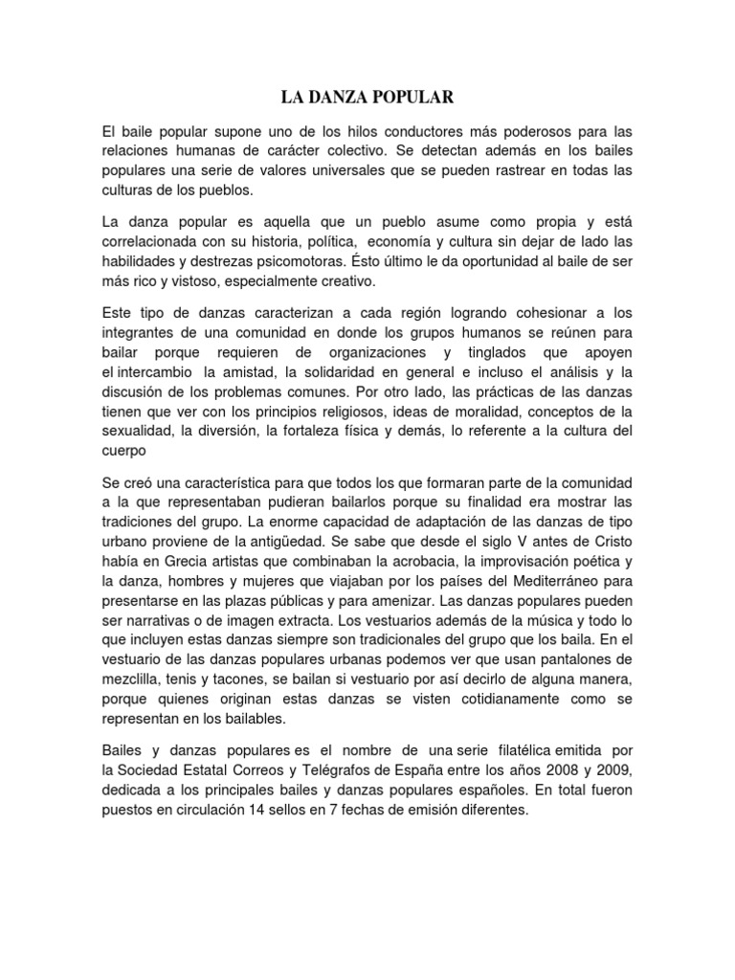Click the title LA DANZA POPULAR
(x=367, y=98)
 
